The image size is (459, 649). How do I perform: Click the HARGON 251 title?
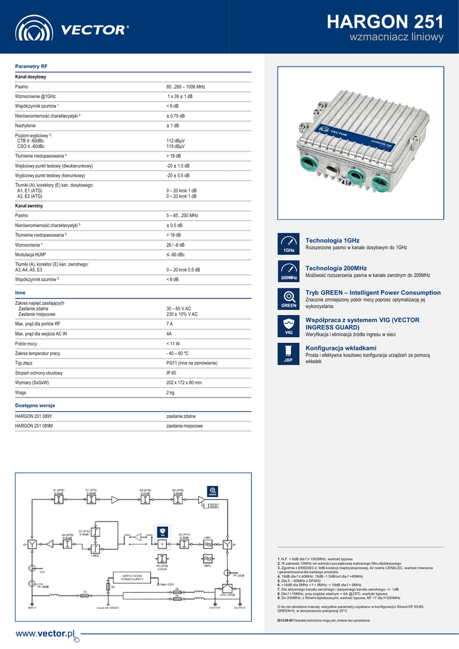(385, 22)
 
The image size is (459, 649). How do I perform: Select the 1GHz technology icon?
(288, 244)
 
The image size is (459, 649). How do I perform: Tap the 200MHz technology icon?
(288, 271)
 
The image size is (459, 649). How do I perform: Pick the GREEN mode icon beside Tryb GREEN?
(288, 299)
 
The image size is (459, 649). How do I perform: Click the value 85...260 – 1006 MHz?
(185, 86)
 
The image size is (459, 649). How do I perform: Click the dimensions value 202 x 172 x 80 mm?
(184, 383)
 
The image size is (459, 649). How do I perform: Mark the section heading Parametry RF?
(31, 66)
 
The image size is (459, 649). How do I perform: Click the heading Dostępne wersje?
(35, 405)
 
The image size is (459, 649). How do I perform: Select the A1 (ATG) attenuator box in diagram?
(58, 499)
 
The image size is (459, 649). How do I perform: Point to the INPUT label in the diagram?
(32, 607)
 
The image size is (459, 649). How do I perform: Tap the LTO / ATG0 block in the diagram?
(228, 594)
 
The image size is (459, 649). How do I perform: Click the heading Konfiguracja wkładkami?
(341, 348)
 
